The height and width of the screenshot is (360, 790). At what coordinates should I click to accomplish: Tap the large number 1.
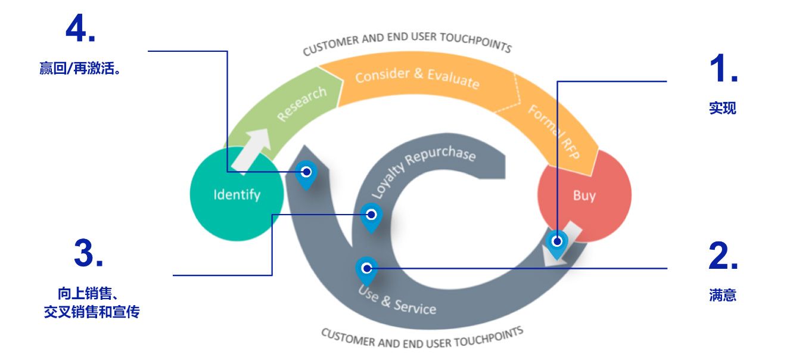coord(723,68)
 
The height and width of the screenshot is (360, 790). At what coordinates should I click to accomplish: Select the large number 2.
coord(723,256)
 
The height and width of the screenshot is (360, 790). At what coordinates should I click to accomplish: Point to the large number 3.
coord(89,253)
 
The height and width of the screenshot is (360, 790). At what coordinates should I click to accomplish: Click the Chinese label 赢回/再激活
coord(80,68)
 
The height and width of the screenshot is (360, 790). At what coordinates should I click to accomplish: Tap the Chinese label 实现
coord(723,108)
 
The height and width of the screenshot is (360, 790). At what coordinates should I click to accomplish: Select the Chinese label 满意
coord(723,294)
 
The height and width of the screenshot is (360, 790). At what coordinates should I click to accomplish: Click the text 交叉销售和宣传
coord(92,312)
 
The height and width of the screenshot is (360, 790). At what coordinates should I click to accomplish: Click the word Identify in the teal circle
coord(237,195)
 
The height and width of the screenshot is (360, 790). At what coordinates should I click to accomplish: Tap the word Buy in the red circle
coord(584,195)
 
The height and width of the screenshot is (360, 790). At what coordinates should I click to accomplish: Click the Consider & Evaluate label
coord(417,78)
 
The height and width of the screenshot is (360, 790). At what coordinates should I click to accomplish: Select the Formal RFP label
coord(554,132)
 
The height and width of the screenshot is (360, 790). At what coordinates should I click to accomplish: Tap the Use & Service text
coord(397,300)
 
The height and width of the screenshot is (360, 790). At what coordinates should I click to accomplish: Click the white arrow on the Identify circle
coord(251,151)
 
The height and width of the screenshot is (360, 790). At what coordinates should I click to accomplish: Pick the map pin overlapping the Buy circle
coord(557,244)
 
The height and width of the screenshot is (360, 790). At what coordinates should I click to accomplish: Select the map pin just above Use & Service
coord(367,271)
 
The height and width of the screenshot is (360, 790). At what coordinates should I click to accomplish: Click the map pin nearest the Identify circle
coord(306,175)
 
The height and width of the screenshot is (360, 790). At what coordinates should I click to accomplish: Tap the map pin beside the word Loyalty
coord(371,218)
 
